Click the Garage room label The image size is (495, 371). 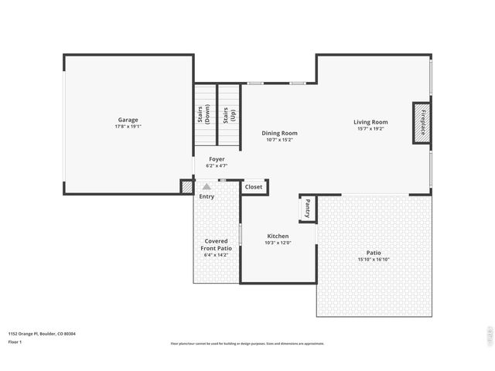[128, 120]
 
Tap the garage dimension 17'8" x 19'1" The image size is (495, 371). [128, 127]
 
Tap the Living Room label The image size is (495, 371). [370, 122]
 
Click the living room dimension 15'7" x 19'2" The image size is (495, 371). [370, 129]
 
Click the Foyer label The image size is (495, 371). [217, 158]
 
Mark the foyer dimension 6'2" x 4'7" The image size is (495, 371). [217, 165]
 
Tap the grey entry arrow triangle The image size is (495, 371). [207, 187]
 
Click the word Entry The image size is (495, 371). [207, 196]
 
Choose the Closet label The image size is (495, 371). [254, 187]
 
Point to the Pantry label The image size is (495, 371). [307, 207]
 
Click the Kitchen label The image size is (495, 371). [278, 236]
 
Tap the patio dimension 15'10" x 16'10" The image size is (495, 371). [374, 260]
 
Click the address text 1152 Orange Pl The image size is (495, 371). [26, 334]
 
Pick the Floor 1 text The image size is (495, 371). [15, 342]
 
